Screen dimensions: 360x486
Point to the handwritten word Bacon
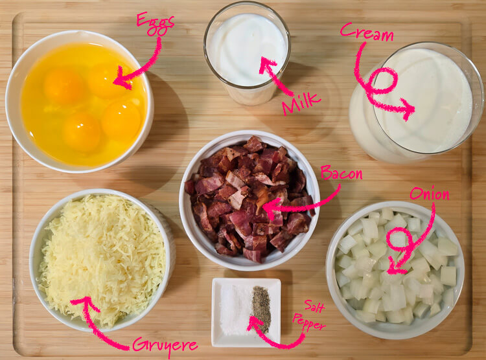pyautogui.click(x=341, y=174)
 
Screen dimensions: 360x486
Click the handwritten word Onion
pyautogui.click(x=430, y=194)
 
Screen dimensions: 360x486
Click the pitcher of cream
pyautogui.click(x=421, y=104)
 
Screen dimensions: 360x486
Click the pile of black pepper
pyautogui.click(x=261, y=308)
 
